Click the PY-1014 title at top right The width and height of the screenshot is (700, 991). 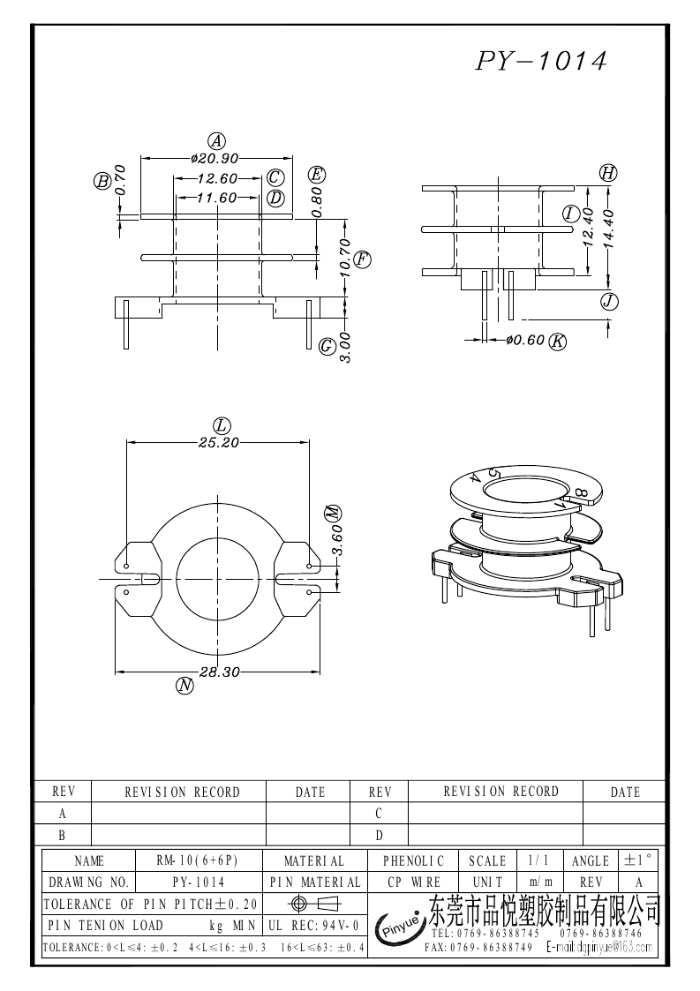(542, 60)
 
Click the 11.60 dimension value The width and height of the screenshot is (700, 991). (216, 198)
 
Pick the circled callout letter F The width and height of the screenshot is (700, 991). (362, 259)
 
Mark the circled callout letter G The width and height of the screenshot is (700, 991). (327, 344)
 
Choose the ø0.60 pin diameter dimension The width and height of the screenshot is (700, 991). (525, 340)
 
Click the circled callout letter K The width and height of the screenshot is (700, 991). (558, 341)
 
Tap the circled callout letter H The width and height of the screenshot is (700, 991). (607, 173)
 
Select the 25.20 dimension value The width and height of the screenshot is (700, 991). (219, 443)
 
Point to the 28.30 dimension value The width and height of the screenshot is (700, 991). (220, 672)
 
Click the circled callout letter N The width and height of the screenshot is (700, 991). (184, 686)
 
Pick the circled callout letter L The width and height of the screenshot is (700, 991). (222, 425)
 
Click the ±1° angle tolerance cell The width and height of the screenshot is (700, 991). (639, 860)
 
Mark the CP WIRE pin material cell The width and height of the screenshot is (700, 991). (414, 882)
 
